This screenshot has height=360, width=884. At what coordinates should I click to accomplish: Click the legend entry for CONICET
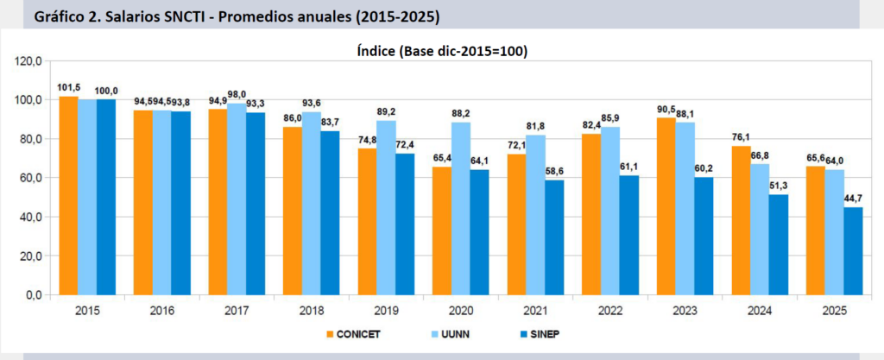[355, 334]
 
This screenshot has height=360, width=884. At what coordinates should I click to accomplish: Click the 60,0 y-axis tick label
[31, 178]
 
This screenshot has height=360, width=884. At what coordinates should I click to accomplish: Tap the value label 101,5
[69, 88]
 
